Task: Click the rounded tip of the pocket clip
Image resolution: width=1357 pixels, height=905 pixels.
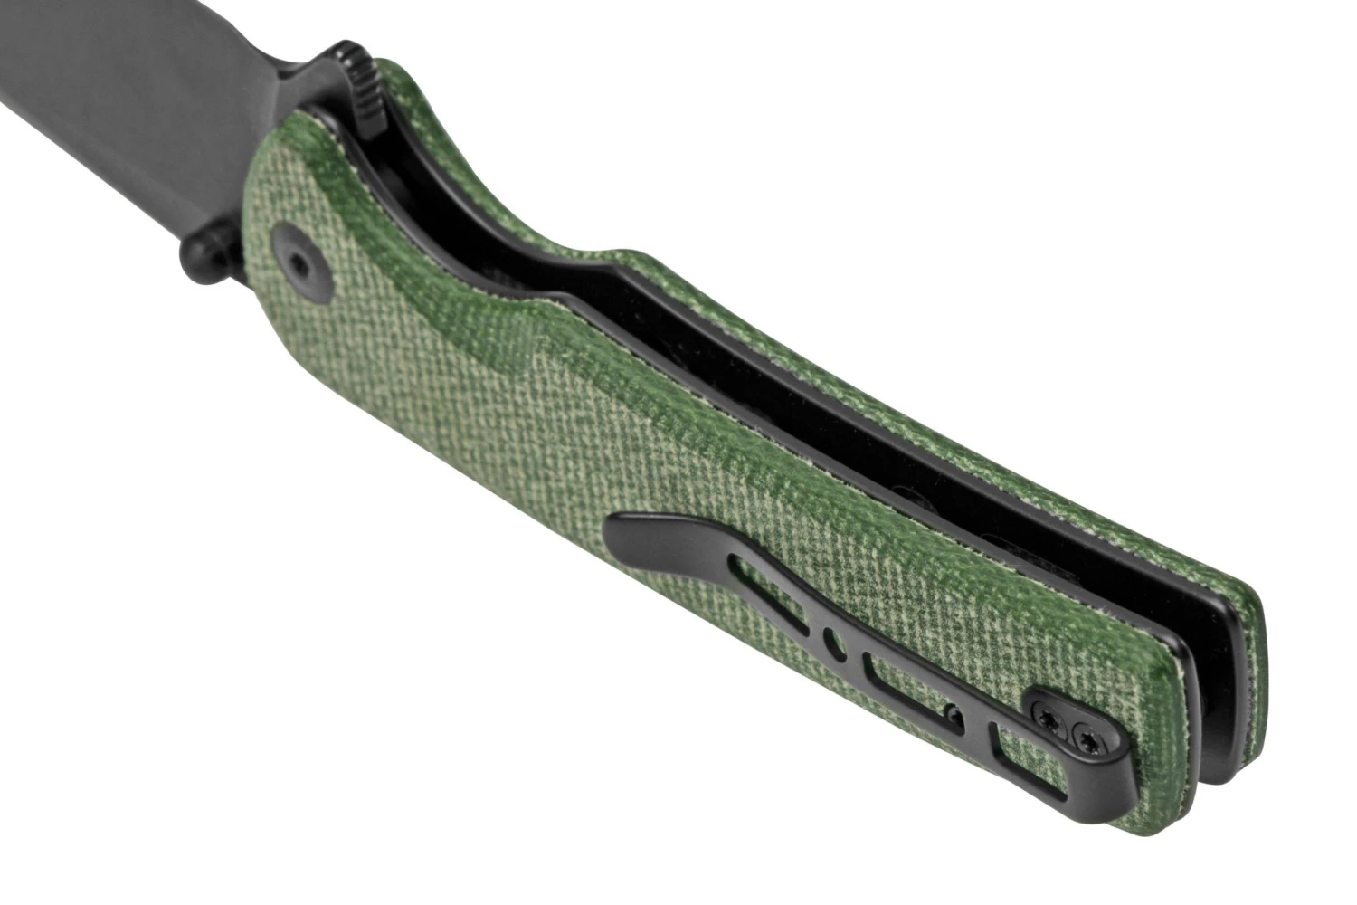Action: point(624,525)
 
